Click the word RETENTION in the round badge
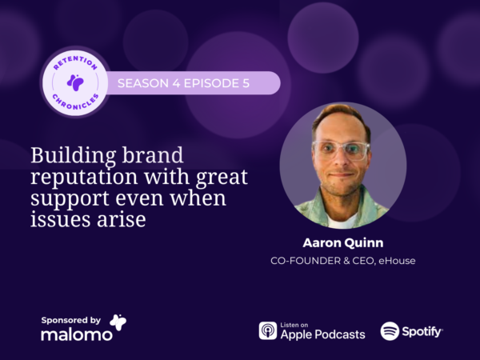tap(75, 62)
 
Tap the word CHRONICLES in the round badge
tap(75, 103)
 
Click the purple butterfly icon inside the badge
tap(75, 82)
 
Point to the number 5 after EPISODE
tap(246, 83)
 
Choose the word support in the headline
tap(70, 198)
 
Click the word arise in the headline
tap(122, 219)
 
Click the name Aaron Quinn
tap(343, 242)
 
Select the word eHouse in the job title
tap(397, 261)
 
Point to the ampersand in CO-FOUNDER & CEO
tap(346, 261)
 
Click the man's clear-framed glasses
tap(341, 150)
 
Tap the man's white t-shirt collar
tap(341, 220)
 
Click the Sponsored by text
tap(70, 321)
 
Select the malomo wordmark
tap(77, 334)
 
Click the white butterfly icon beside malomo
tap(118, 322)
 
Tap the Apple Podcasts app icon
tap(268, 330)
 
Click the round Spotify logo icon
tap(390, 331)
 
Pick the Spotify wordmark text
tap(422, 332)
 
